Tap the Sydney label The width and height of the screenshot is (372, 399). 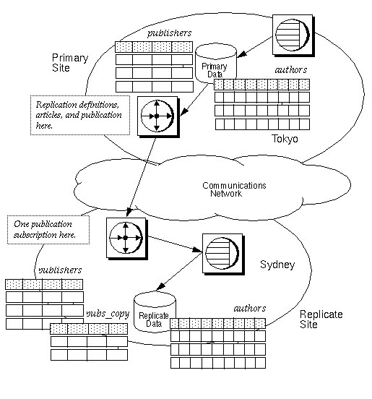pyautogui.click(x=277, y=265)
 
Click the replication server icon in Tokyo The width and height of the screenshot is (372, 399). pyautogui.click(x=157, y=114)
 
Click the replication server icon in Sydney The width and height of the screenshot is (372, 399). pyautogui.click(x=124, y=237)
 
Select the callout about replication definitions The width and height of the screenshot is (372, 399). pyautogui.click(x=79, y=114)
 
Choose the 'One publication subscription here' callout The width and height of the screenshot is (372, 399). pyautogui.click(x=47, y=230)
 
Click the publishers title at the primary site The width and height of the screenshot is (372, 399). pyautogui.click(x=168, y=33)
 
